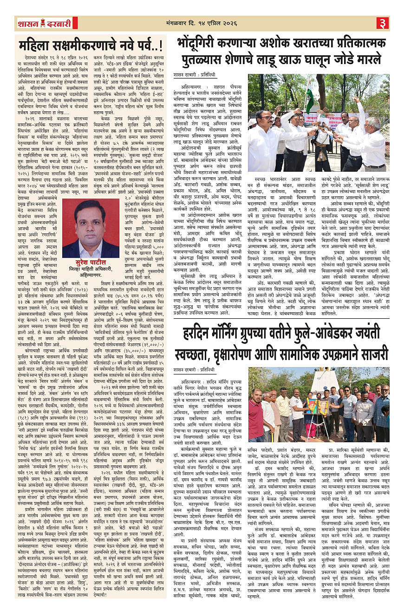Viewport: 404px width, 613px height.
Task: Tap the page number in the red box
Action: [x=383, y=23]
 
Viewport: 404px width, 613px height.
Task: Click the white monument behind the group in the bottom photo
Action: [x=325, y=381]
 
